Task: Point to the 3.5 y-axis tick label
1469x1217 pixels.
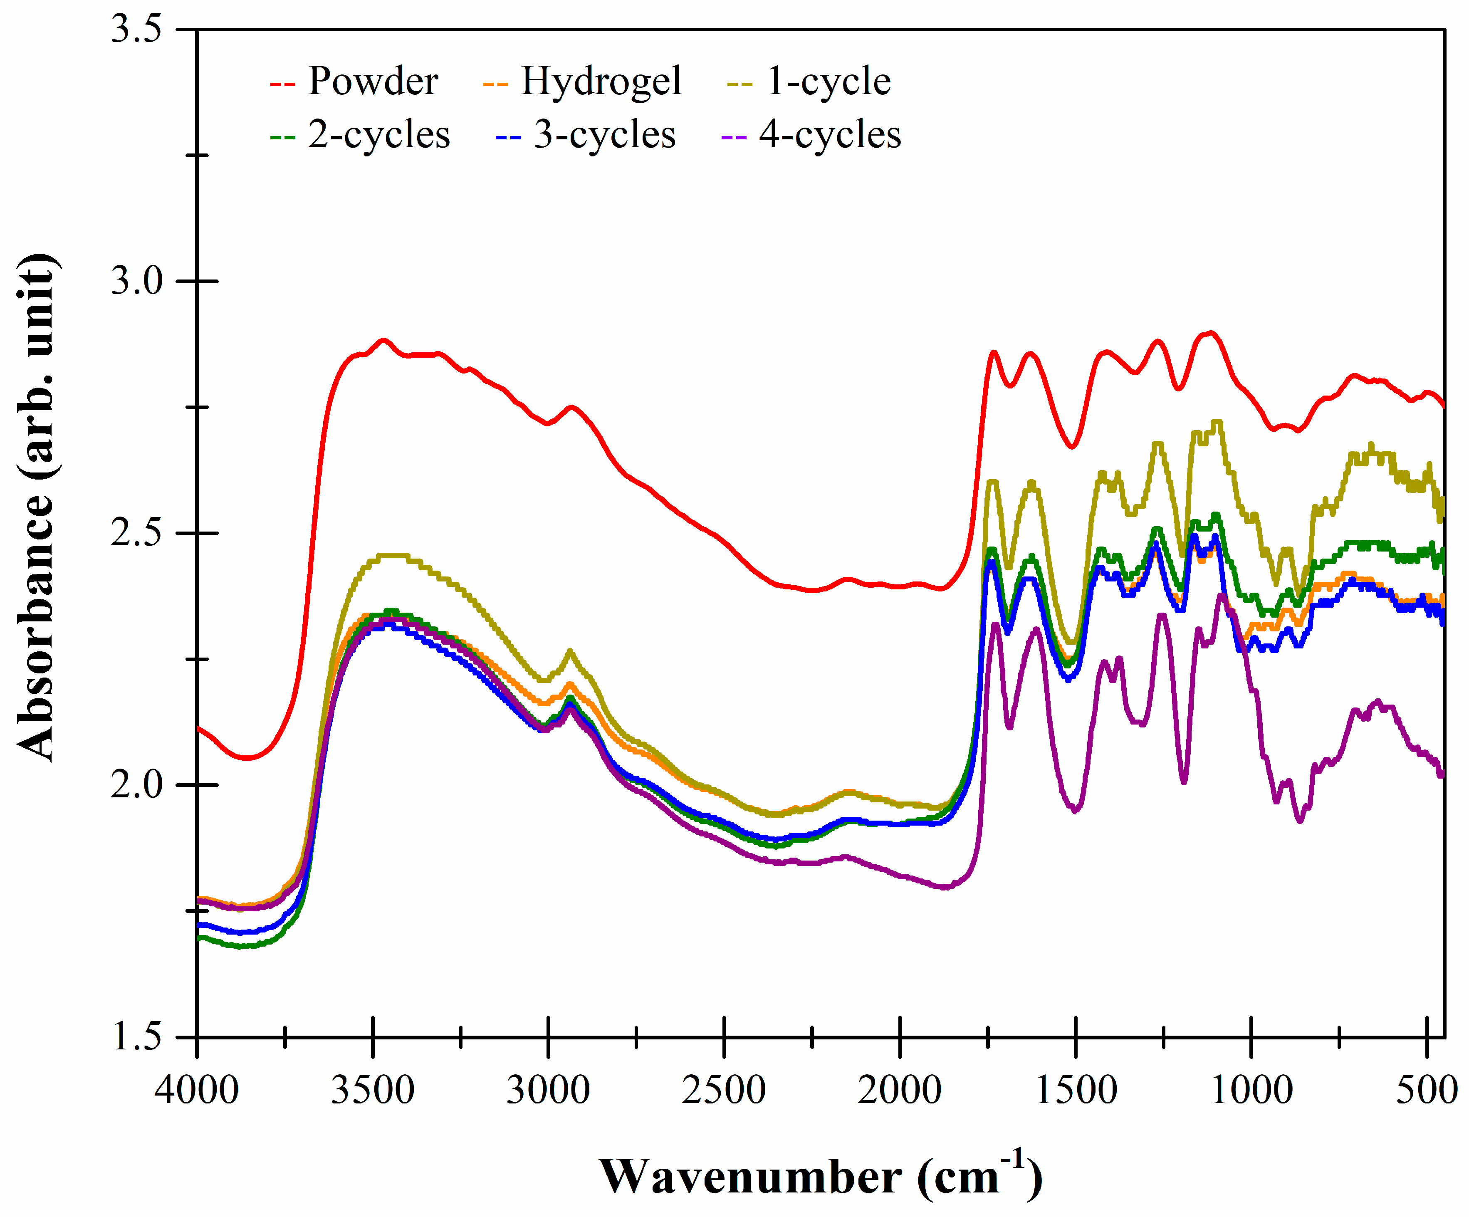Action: point(136,30)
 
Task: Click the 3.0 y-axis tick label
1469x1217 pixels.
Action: point(136,281)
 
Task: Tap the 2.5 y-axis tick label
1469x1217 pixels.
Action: point(136,533)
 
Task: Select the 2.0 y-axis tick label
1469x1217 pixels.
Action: point(136,785)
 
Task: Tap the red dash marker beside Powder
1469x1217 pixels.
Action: point(283,84)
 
